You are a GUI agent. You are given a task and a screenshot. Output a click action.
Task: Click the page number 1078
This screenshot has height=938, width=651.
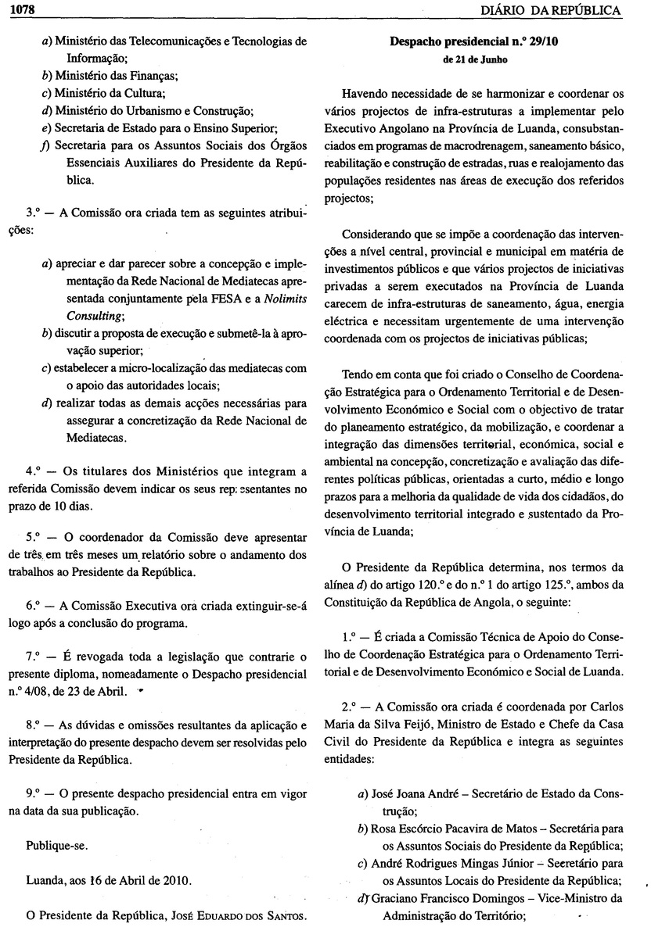click(16, 9)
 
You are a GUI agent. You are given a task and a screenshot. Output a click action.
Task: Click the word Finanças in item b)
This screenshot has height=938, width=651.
click(151, 76)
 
